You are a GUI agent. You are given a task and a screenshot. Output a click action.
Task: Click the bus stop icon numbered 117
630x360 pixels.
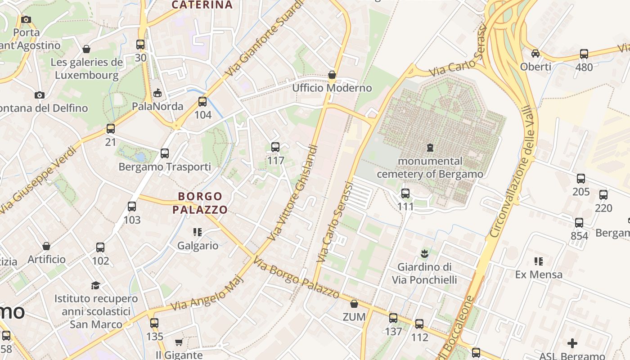pos(275,147)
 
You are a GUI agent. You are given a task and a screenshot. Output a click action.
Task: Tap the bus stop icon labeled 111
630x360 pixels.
pos(405,193)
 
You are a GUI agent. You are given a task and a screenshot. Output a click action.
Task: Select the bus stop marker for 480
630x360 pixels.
pos(584,54)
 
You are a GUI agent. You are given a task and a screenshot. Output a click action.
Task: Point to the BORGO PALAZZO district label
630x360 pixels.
pos(200,203)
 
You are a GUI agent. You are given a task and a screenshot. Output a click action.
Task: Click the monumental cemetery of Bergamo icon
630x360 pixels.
pos(430,147)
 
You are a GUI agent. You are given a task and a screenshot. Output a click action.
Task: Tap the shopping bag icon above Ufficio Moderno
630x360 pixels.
pos(332,75)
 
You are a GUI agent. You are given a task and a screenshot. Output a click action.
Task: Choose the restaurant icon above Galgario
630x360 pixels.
pos(197,232)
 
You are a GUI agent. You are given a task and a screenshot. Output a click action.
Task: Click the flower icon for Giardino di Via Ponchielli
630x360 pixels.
pos(424,254)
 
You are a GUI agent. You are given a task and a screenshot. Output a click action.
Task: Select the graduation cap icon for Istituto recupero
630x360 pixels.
pos(95,285)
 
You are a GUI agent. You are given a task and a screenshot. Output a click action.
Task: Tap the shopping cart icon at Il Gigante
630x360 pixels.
pos(179,342)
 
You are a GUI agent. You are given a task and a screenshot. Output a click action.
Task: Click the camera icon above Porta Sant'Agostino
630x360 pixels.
pos(26,19)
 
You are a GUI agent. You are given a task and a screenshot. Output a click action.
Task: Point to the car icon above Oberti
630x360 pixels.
pos(535,54)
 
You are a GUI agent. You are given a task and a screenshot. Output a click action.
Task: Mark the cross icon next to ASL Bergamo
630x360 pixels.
pos(572,344)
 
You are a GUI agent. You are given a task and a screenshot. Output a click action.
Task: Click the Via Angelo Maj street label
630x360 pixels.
pos(207,292)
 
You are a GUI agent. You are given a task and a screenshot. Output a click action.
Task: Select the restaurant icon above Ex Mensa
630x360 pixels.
pos(538,261)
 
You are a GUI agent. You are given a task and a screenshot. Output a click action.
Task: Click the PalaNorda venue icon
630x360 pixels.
pos(157,93)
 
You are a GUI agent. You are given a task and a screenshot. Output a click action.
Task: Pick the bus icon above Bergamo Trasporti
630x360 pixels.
pos(165,153)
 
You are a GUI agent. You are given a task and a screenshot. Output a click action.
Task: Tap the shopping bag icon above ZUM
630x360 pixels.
pos(354,304)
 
